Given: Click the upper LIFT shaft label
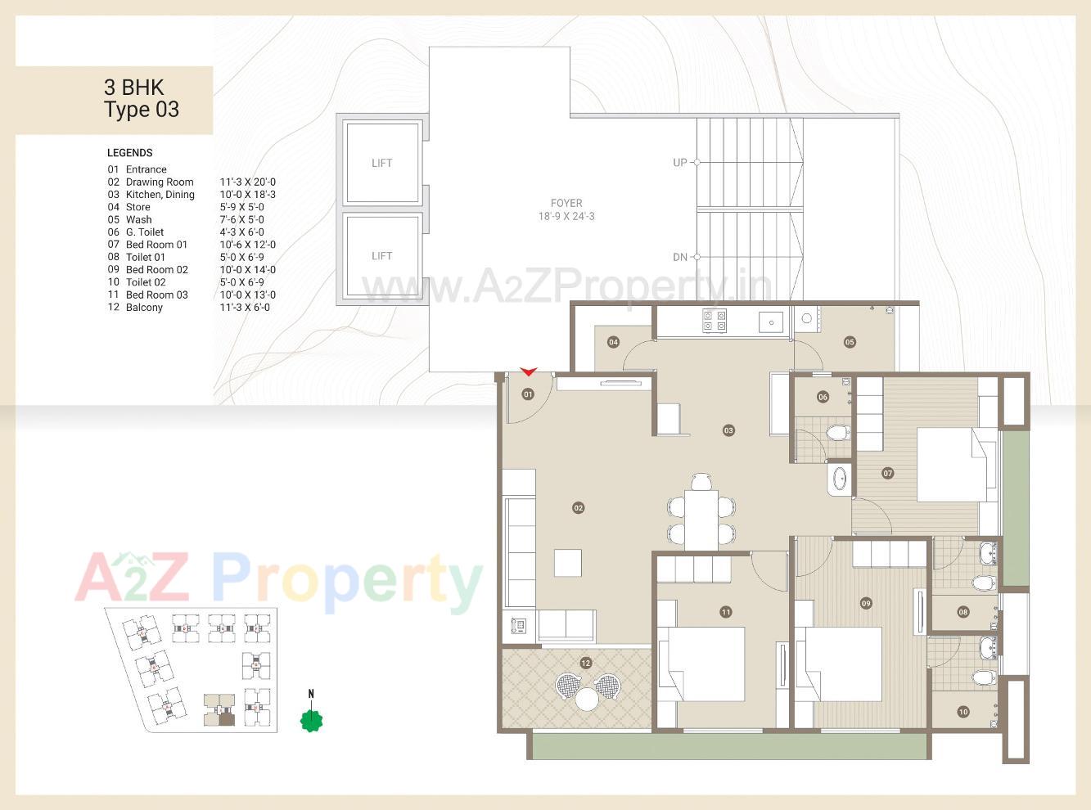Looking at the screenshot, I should point(382,163).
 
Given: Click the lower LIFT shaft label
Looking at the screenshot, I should point(382,256).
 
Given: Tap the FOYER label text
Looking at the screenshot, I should point(566,203).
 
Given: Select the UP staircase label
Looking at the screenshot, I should point(680,163).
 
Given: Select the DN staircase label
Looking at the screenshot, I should point(680,257).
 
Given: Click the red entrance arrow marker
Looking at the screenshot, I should point(528,372).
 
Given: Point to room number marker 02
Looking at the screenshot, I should point(579,508).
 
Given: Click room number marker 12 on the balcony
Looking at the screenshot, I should point(585,663).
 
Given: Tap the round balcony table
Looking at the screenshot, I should point(587,699).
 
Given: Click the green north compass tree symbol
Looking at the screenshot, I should point(311,720).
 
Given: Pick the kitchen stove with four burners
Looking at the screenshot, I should point(714,320).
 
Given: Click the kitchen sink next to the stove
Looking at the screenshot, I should point(771,322).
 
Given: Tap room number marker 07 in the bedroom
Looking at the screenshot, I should point(888,473).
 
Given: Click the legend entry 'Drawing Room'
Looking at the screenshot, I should point(160,182).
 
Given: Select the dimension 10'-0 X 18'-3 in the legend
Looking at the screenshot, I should point(247,195).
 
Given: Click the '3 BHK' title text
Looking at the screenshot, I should point(134,88).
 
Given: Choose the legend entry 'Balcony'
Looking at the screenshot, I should point(144,308).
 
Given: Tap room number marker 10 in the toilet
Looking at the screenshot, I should point(963,712).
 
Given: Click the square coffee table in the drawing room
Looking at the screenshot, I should point(568,564).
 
